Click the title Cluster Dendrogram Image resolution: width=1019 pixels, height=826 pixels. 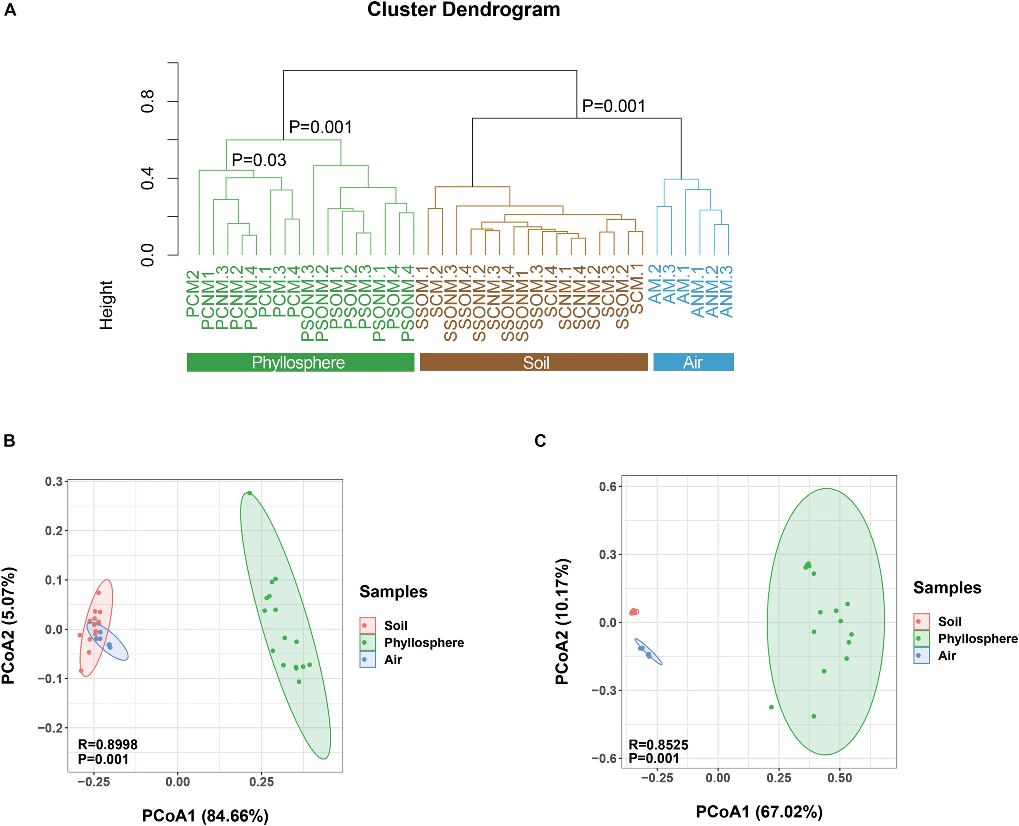click(x=463, y=9)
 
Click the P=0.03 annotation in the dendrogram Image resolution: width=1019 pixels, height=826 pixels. click(x=259, y=160)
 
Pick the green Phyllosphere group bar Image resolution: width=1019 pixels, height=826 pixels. click(x=300, y=362)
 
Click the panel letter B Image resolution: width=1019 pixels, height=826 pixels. click(x=9, y=441)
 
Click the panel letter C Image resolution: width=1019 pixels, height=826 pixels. click(x=540, y=441)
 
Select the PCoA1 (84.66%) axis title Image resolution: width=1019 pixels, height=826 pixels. click(x=205, y=815)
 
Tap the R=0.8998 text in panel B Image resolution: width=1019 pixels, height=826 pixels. click(x=108, y=744)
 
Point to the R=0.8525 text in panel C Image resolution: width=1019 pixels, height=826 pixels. click(x=658, y=744)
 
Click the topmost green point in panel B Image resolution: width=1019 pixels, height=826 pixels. click(x=249, y=493)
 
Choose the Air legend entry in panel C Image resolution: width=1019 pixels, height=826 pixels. click(x=947, y=656)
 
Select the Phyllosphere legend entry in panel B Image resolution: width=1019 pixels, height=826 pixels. click(x=423, y=643)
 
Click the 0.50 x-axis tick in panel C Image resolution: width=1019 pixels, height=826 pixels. click(x=840, y=778)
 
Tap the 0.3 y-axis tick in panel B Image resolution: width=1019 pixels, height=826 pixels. click(x=54, y=481)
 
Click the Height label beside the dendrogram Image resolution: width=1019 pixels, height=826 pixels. click(x=106, y=305)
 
